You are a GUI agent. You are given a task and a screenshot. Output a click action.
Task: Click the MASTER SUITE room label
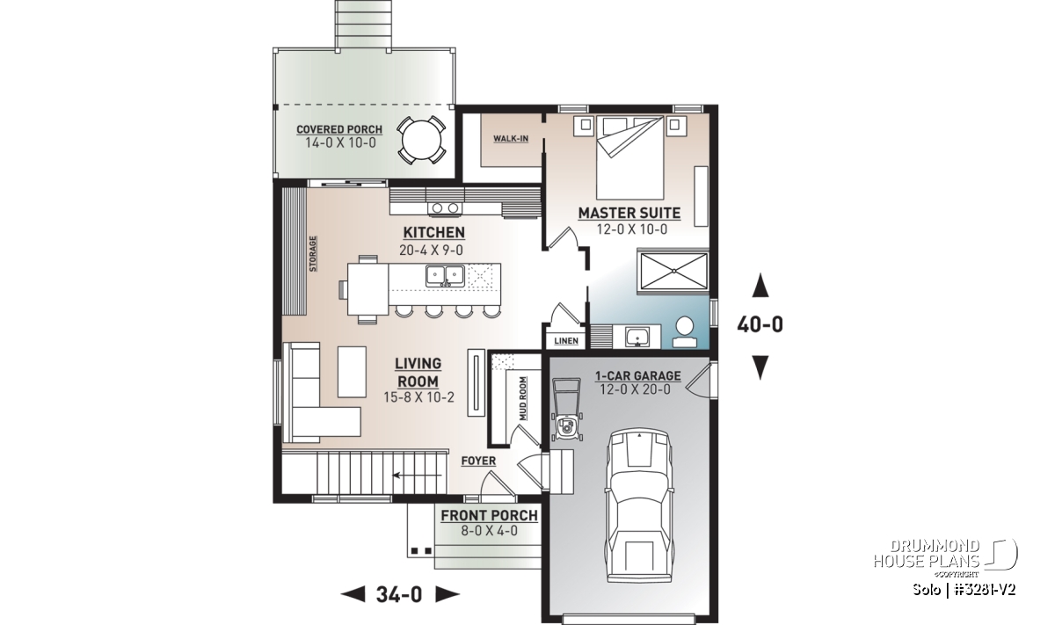pos(629,214)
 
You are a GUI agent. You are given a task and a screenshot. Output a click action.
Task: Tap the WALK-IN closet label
pos(511,139)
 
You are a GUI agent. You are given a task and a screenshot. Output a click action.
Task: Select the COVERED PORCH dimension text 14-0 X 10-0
pos(340,142)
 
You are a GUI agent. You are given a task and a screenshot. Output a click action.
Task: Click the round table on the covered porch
pos(421,141)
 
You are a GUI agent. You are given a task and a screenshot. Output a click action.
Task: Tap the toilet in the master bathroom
pos(684,331)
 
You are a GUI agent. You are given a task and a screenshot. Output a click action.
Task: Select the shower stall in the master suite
pos(673,272)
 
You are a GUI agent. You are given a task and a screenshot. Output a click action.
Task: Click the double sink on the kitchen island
pos(445,275)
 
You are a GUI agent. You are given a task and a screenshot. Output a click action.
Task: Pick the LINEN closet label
pos(566,340)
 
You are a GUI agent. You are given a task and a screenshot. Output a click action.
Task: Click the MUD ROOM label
pos(523,398)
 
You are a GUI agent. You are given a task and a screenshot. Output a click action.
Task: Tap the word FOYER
pos(478,461)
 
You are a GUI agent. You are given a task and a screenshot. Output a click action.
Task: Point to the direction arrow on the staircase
pos(417,476)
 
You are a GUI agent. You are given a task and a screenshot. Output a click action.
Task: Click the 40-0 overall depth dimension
pos(760,324)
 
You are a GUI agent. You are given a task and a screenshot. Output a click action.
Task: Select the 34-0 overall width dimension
pos(399,594)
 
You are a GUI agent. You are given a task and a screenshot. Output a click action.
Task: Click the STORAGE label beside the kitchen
pos(312,254)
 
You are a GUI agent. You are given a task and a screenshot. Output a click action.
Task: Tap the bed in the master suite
pos(629,157)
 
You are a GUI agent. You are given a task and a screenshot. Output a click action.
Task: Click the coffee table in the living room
pos(352,372)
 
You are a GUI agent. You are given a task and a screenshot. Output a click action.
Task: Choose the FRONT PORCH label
pos(490,516)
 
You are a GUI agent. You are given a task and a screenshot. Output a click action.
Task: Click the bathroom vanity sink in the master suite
pos(637,338)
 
